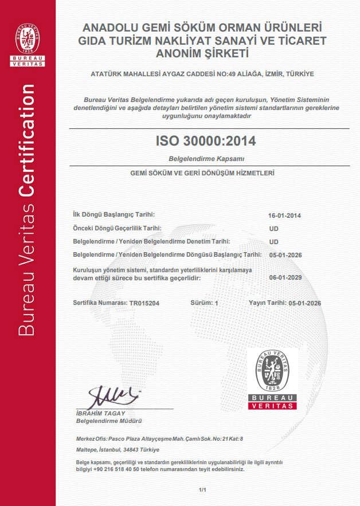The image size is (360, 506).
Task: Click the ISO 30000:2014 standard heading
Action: (x=206, y=140)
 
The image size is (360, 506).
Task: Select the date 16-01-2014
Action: (x=285, y=216)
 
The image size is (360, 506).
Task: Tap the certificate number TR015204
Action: (x=144, y=303)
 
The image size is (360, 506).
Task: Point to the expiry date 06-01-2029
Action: (x=285, y=277)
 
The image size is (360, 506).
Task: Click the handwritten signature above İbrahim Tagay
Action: (x=114, y=396)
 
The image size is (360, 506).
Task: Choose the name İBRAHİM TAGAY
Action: (x=100, y=414)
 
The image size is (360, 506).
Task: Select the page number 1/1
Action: (x=202, y=490)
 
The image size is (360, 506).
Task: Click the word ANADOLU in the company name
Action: (x=109, y=28)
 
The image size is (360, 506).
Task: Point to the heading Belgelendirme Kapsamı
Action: (x=206, y=158)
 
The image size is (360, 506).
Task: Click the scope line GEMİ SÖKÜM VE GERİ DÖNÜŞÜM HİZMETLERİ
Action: (x=206, y=173)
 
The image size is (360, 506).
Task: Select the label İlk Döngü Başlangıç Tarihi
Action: (x=114, y=214)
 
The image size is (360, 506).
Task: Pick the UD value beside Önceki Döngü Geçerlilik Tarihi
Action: (x=274, y=229)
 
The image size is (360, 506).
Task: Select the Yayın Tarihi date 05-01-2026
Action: (x=304, y=303)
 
